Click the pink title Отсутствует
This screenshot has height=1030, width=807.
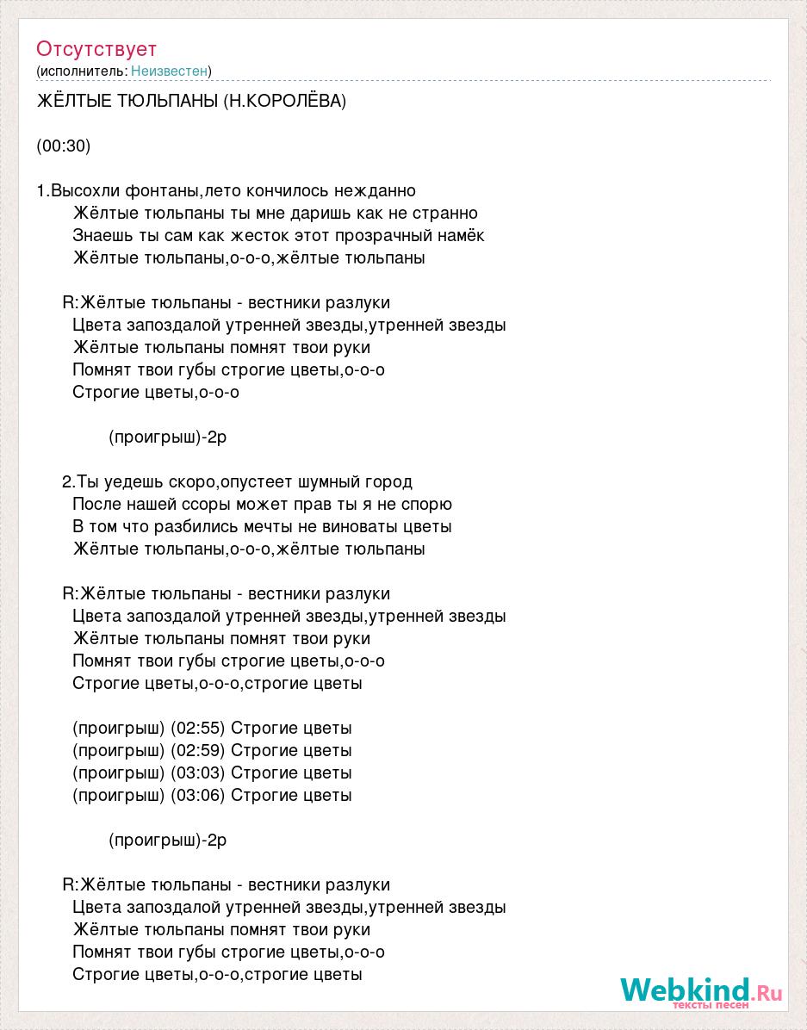(x=96, y=49)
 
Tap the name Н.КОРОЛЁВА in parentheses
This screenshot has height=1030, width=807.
(x=284, y=102)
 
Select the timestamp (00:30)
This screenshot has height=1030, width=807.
(x=64, y=146)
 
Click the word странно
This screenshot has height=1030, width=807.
(x=445, y=214)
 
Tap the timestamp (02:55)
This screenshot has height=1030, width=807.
(x=197, y=729)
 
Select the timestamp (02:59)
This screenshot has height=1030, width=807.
(x=197, y=751)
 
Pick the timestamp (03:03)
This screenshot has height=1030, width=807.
(x=197, y=773)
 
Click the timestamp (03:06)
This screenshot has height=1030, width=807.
(x=197, y=796)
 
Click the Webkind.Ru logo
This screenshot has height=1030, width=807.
(x=701, y=991)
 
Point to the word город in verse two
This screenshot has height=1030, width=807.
(x=390, y=482)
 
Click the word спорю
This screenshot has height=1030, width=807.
(x=425, y=505)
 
